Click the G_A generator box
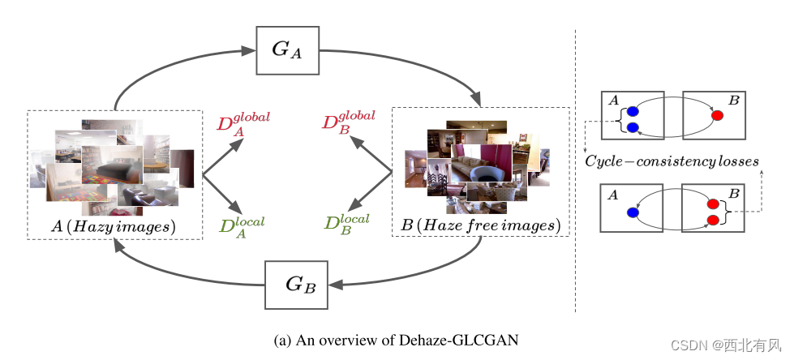point(287,49)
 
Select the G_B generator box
point(297,285)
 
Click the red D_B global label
point(348,123)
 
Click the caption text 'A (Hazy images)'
point(114,227)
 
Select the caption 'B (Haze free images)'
point(480,224)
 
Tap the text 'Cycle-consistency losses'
point(672,161)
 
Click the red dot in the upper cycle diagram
point(717,115)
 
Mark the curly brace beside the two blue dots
point(620,119)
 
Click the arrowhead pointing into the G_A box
point(249,50)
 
